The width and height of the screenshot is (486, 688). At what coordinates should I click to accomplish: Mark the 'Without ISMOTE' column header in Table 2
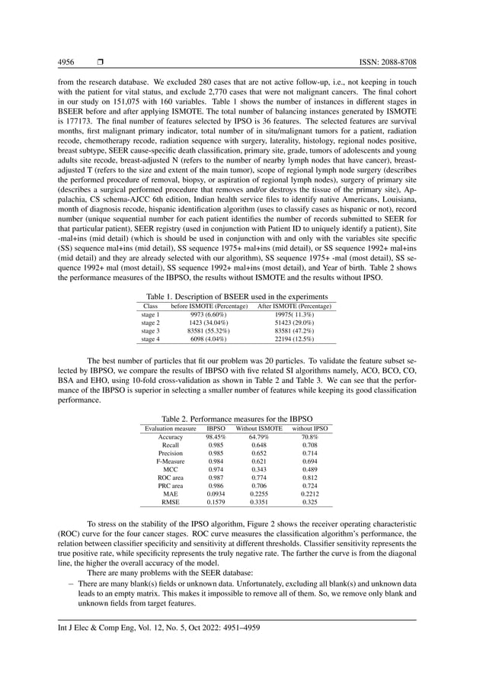click(259, 429)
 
